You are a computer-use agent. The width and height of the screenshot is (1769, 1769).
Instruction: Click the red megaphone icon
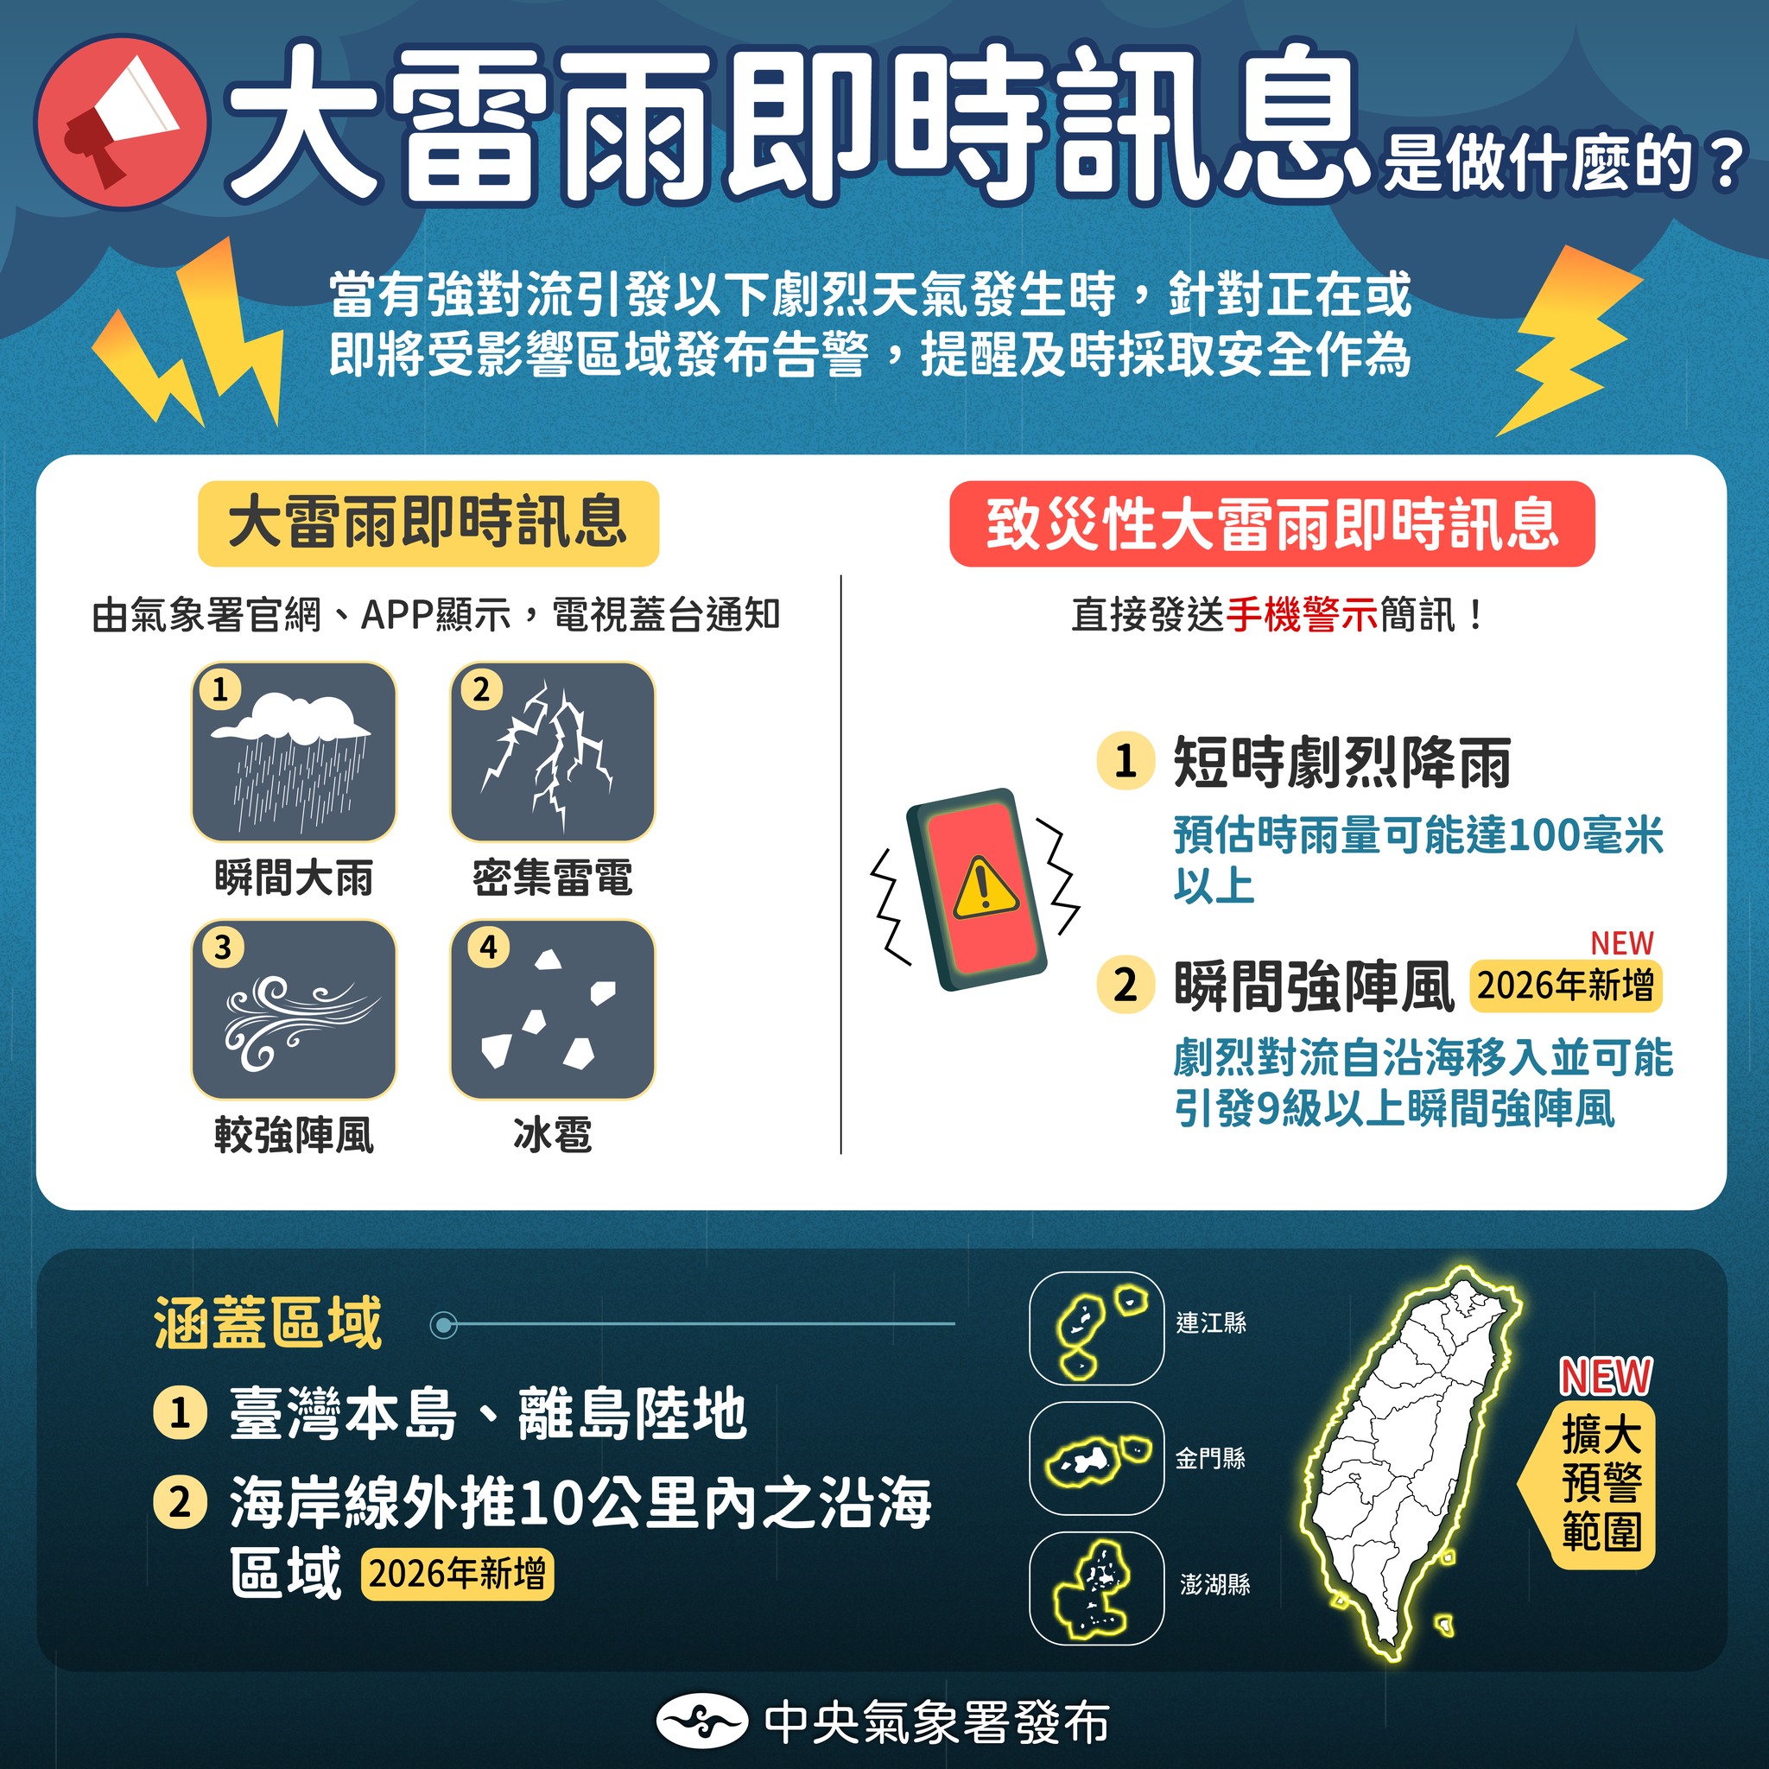(x=122, y=121)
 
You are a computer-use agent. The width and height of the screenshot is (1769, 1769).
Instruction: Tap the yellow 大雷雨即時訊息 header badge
(x=428, y=523)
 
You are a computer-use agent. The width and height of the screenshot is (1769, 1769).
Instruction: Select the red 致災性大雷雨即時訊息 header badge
(x=1271, y=524)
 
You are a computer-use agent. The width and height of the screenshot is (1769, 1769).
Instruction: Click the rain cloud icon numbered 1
(x=293, y=751)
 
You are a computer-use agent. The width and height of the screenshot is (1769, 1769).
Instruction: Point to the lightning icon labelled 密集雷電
(x=552, y=751)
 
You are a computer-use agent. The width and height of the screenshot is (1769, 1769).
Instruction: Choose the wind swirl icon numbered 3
(x=293, y=1010)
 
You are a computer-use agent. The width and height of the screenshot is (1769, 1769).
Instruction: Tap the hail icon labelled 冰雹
(x=552, y=1010)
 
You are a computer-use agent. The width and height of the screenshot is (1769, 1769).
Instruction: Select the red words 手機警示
(x=1301, y=614)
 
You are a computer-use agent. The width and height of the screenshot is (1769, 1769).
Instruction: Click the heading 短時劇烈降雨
(x=1341, y=762)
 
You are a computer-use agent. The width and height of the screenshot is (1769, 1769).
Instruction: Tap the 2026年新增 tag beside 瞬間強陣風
(x=1565, y=986)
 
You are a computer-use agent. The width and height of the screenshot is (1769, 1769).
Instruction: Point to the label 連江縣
(x=1210, y=1322)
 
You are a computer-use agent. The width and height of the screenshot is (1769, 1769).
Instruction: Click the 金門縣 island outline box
(x=1096, y=1459)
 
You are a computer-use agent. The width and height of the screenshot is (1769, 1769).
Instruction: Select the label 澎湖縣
(x=1214, y=1585)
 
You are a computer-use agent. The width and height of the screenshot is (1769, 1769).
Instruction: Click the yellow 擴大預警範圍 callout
(x=1601, y=1482)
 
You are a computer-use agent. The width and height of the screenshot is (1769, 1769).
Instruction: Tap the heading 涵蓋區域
(x=268, y=1323)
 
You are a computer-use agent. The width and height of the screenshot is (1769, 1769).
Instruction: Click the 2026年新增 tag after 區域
(x=457, y=1574)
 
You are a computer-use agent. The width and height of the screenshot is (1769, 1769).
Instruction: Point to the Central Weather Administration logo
(x=702, y=1722)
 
